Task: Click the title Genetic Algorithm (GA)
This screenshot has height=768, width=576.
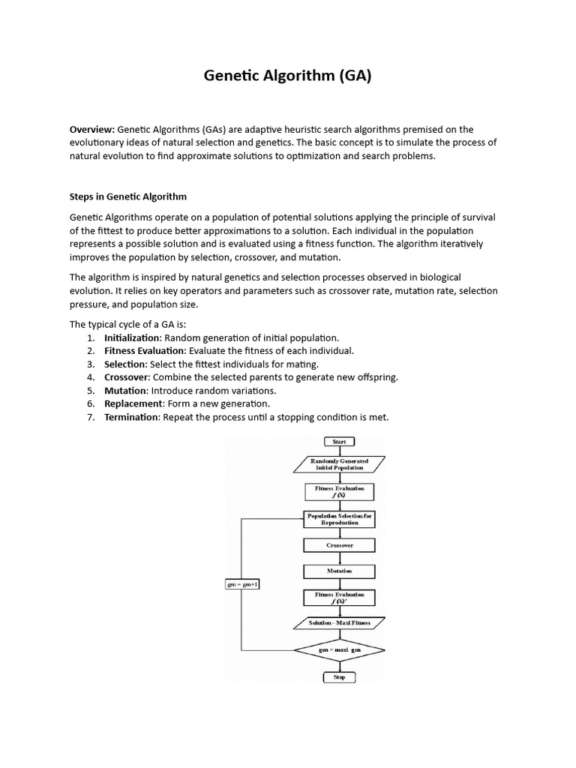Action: tap(288, 76)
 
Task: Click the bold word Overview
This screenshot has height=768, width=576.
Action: tap(91, 130)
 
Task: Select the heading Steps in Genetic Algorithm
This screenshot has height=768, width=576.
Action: tap(128, 196)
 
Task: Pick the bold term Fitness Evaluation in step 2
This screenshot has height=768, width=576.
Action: tap(144, 350)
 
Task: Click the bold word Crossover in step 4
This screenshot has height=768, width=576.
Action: tap(126, 377)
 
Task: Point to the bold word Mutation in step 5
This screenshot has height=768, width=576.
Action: tap(124, 391)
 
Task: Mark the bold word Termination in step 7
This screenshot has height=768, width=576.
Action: tap(132, 417)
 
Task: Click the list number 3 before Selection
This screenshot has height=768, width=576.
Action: tap(90, 364)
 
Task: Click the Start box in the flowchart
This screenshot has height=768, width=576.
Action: tap(339, 442)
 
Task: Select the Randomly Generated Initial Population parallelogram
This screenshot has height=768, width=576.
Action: tap(339, 464)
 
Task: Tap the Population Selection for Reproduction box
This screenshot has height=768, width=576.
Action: tap(339, 520)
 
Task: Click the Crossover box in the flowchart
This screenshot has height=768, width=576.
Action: tap(339, 545)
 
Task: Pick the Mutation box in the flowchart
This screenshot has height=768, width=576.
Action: tap(339, 571)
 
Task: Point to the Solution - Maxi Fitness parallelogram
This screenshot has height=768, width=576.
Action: tap(339, 622)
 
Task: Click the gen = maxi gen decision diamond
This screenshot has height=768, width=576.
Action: tap(339, 650)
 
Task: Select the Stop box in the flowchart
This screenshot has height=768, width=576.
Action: tap(339, 676)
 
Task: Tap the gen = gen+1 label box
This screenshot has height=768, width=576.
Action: tap(242, 584)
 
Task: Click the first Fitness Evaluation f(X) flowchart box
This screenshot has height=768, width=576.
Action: tap(339, 491)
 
